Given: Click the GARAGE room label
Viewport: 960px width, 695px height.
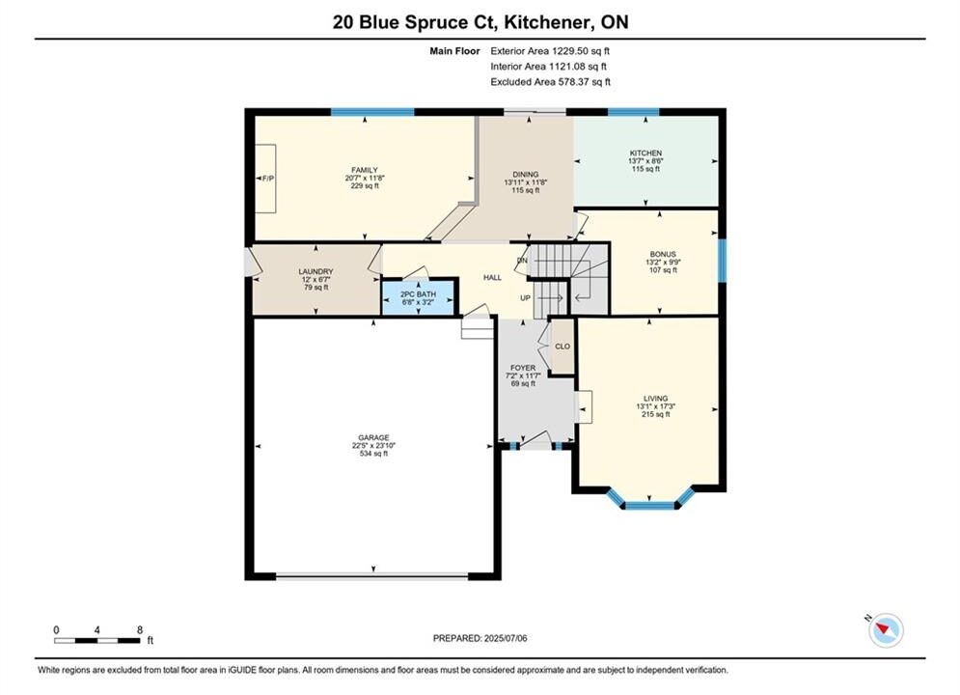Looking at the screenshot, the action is pos(373,438).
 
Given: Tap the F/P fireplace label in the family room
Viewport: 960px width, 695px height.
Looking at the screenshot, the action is pos(268,179).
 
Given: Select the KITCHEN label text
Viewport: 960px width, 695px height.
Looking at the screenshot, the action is pos(645,153).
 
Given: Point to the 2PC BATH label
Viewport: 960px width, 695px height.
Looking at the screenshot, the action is pos(418,294).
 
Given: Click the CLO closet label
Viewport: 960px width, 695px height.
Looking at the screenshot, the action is pos(562,347).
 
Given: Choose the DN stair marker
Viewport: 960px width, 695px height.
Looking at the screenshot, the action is pos(522,261).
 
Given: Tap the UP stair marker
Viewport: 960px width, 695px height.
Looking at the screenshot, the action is pos(525,298).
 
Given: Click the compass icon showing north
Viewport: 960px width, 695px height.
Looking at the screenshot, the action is pos(886,629).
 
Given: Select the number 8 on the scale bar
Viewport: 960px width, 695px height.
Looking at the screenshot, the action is pos(140,629).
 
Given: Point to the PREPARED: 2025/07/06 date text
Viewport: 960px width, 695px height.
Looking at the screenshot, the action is pos(480,638).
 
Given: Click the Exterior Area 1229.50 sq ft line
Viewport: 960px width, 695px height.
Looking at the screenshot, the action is pos(550,51).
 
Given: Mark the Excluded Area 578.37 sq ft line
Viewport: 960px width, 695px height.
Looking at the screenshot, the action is pos(550,82).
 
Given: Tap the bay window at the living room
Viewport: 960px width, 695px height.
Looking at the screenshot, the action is pos(650,500).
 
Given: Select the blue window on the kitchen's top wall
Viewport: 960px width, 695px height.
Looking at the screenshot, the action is pos(633,112).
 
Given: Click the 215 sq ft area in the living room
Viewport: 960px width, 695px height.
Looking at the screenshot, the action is pos(656,414).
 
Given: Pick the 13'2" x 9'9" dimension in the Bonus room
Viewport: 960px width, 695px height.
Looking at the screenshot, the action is pos(663,263).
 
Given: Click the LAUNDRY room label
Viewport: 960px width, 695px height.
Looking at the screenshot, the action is pos(315,272).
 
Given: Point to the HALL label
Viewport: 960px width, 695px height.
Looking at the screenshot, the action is pos(492,277).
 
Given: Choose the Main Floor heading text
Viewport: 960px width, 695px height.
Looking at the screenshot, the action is pos(454,51).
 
